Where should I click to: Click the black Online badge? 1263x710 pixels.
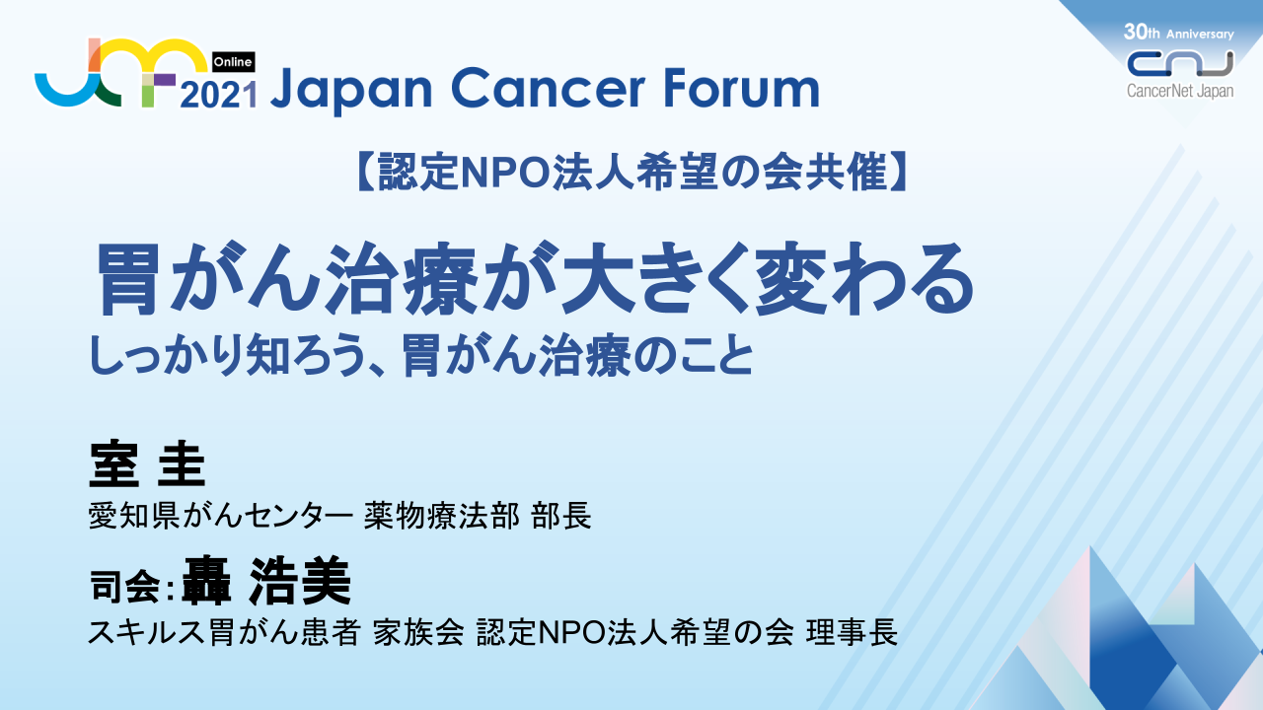pos(233,61)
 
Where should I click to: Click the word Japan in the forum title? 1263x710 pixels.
pos(351,89)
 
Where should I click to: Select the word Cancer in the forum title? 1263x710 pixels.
pos(548,88)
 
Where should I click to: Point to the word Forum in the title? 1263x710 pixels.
pos(741,88)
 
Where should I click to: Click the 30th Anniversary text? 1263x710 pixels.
pos(1178,33)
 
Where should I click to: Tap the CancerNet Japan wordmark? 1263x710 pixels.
pos(1179,91)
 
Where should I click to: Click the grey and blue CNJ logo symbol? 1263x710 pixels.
pos(1180,63)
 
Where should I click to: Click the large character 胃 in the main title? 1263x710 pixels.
pos(127,279)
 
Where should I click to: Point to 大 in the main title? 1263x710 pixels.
pos(599,278)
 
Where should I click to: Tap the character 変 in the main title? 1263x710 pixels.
pos(792,279)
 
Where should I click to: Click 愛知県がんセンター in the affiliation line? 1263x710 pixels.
pos(221,516)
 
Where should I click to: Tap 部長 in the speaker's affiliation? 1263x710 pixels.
pos(561,516)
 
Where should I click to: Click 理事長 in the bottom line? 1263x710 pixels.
pos(852,632)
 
